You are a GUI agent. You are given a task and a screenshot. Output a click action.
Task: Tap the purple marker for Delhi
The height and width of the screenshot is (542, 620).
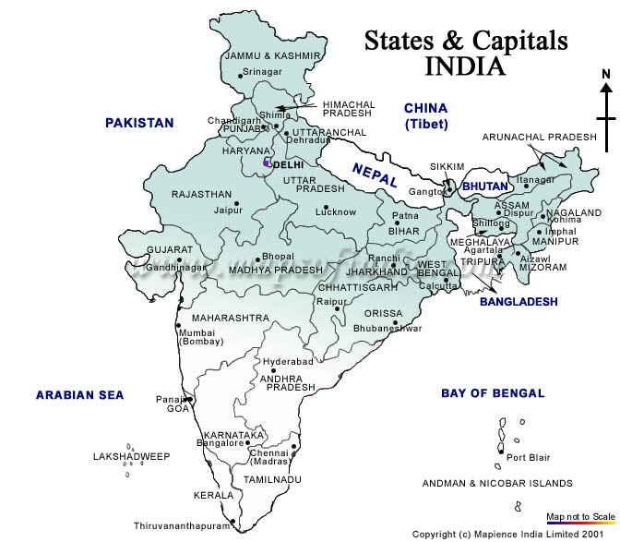(x=267, y=163)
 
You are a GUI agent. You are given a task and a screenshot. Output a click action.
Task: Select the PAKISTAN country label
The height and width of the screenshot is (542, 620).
(x=139, y=123)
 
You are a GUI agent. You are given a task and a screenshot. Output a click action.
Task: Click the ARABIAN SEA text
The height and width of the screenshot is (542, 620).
(x=79, y=396)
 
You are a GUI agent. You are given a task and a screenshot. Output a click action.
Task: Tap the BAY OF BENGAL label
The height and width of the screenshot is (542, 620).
(x=493, y=393)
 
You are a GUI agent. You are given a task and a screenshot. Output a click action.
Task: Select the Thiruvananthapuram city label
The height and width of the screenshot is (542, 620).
(x=182, y=525)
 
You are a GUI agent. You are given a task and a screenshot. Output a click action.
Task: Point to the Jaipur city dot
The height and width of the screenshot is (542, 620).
(x=237, y=202)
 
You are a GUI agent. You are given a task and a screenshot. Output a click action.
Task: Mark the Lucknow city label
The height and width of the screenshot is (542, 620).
(x=335, y=212)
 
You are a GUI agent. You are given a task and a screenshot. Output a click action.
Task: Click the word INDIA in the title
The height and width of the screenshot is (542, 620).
(x=465, y=66)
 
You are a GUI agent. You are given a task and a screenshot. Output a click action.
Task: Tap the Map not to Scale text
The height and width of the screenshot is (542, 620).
(x=580, y=515)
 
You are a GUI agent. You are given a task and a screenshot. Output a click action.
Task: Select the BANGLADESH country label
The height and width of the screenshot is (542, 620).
(x=519, y=302)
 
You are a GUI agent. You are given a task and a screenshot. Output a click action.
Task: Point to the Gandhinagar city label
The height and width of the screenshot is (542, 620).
(x=176, y=268)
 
